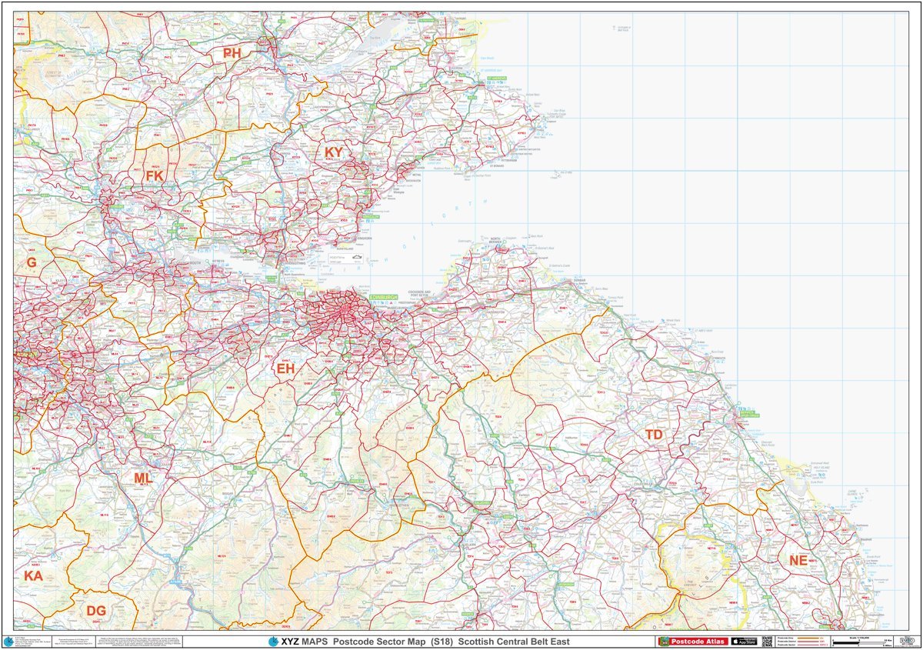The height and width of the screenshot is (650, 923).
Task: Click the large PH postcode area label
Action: point(232,53)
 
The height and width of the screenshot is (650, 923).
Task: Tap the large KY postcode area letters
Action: point(333,152)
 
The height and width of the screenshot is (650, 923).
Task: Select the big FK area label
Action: point(155,176)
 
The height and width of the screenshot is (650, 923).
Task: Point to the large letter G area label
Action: point(32,262)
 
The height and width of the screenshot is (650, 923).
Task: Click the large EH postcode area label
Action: point(286,369)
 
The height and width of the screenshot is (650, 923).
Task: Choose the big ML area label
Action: point(143,478)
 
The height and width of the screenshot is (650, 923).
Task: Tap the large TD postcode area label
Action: point(654,435)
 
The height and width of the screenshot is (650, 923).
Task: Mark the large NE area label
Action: point(798,561)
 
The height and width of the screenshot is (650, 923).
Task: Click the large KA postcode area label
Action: point(33,575)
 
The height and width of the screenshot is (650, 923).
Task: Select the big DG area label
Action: point(96,611)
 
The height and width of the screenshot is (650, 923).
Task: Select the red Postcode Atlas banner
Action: point(691,641)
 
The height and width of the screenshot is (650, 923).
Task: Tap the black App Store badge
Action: point(743,641)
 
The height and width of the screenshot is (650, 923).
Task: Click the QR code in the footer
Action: point(767,641)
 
